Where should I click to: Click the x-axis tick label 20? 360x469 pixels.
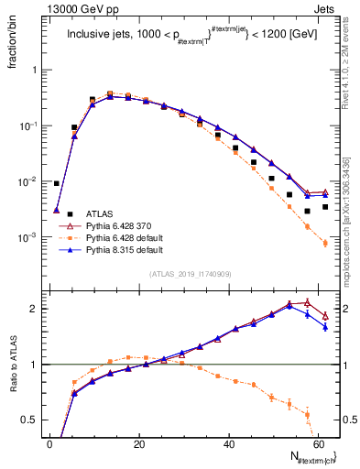138,444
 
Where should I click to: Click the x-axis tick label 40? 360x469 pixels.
227,444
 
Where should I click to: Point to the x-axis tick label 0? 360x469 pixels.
50,444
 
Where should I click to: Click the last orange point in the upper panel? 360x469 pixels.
325,244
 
